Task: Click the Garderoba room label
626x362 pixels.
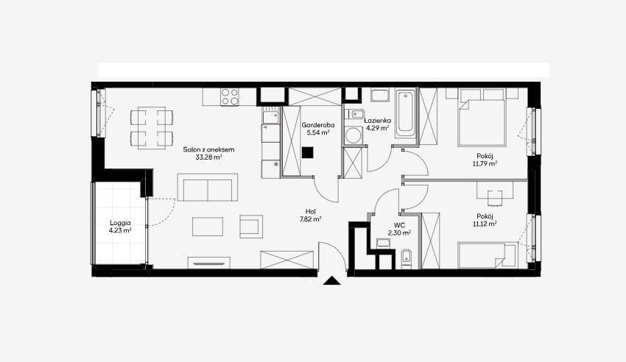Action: [x=318, y=125]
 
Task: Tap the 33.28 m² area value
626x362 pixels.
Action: [x=209, y=157]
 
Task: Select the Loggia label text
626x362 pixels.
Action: [x=120, y=223]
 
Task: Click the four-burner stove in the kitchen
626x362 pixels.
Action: [x=230, y=97]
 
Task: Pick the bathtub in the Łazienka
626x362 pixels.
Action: [x=406, y=113]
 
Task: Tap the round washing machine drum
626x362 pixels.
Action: [x=353, y=135]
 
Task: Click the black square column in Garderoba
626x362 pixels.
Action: [x=307, y=153]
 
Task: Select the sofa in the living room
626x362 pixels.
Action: [x=208, y=188]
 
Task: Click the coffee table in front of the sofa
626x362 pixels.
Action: [x=208, y=227]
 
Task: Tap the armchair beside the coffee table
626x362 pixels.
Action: [x=251, y=227]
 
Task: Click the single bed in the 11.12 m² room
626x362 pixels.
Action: [x=488, y=255]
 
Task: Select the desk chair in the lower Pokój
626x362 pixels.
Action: [x=495, y=197]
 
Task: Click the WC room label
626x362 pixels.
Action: [x=399, y=226]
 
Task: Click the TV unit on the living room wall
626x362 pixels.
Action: [x=209, y=263]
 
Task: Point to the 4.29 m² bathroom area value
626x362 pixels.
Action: [x=377, y=128]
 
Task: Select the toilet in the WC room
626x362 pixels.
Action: [x=406, y=256]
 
